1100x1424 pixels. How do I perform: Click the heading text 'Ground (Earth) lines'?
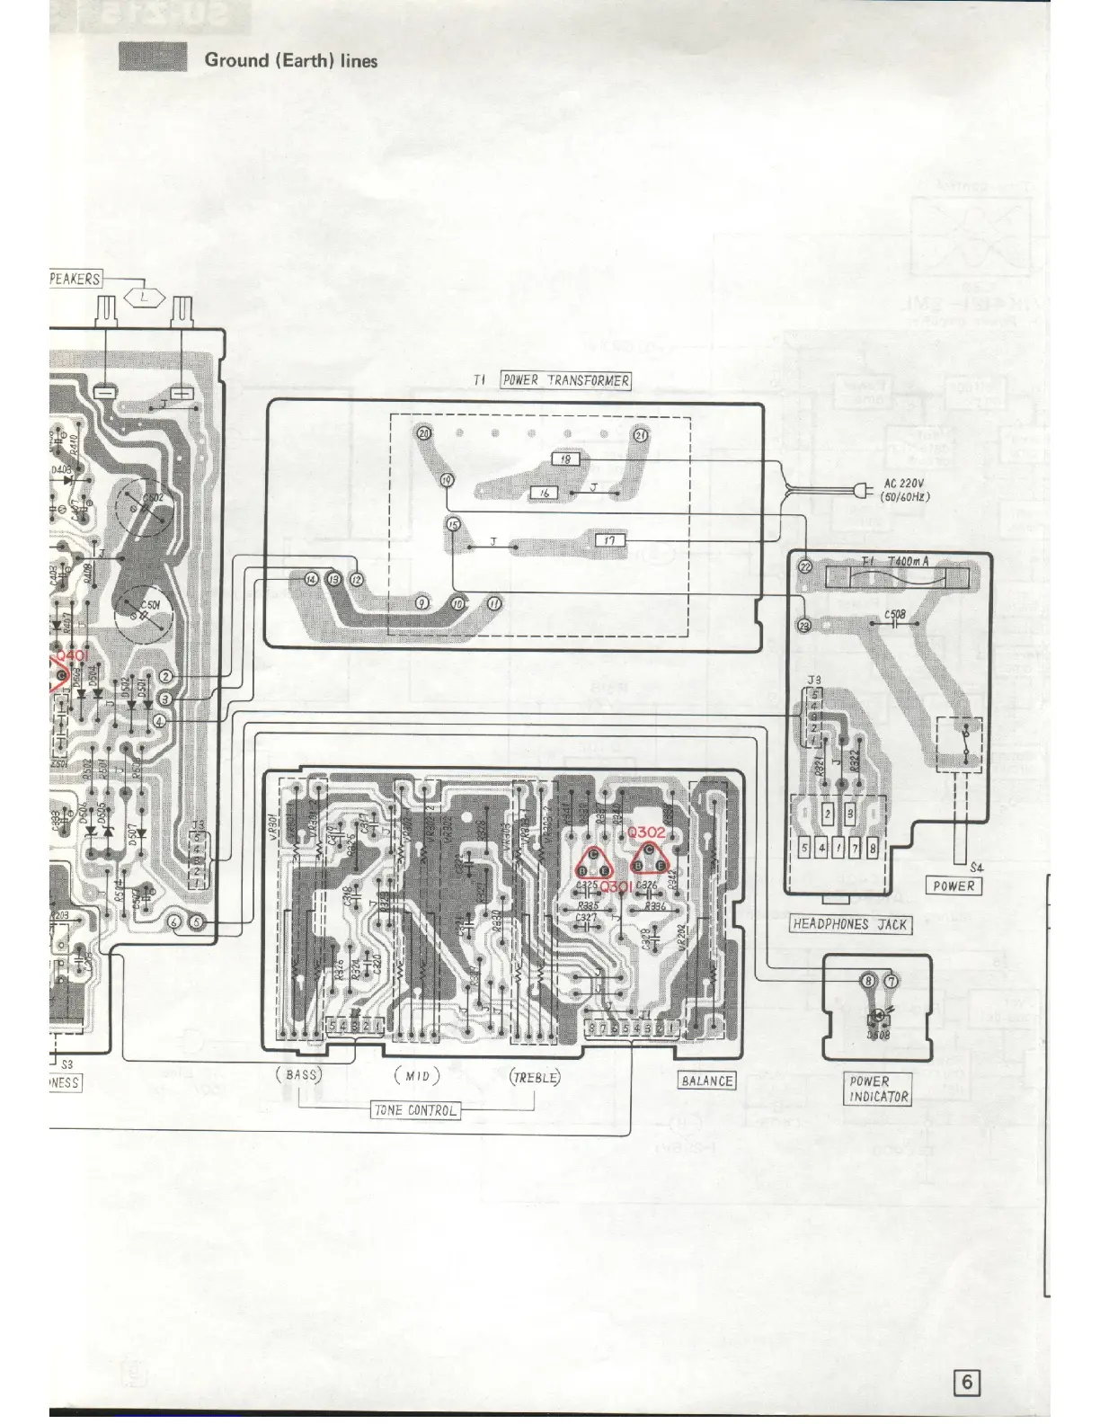click(290, 61)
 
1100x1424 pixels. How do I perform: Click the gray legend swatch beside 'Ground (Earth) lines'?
click(153, 57)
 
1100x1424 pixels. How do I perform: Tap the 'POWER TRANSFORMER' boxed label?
click(565, 380)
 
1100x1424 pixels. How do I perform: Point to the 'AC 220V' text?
click(905, 483)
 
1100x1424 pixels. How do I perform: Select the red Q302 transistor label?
click(647, 832)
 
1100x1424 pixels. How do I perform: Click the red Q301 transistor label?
click(616, 887)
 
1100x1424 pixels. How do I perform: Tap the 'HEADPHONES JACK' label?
click(850, 924)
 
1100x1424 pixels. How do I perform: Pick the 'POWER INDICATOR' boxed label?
click(879, 1089)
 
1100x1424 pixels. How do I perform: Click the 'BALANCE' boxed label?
click(706, 1081)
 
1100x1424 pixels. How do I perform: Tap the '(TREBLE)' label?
click(535, 1076)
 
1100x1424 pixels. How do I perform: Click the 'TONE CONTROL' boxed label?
click(415, 1110)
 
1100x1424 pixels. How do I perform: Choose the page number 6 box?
click(967, 1382)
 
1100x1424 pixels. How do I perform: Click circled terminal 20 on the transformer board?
click(425, 433)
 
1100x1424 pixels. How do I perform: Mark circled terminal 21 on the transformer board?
click(641, 435)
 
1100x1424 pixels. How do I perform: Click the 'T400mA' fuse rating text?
click(908, 562)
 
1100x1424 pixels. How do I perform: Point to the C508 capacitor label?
click(894, 616)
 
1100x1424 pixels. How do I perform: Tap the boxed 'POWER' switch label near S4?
click(954, 886)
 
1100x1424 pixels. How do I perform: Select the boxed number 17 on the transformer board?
click(610, 540)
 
